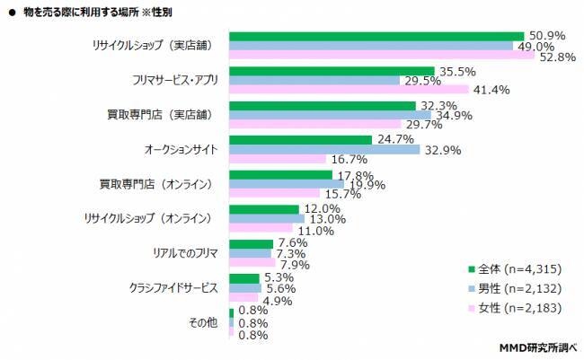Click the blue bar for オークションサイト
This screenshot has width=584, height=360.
pyautogui.click(x=324, y=149)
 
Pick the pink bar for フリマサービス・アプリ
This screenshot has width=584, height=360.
pyautogui.click(x=349, y=90)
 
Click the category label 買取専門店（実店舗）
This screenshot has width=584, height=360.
pyautogui.click(x=162, y=114)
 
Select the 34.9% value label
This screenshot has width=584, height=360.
pyautogui.click(x=455, y=115)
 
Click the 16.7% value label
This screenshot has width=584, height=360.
pyautogui.click(x=351, y=160)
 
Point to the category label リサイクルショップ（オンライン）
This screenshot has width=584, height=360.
pyautogui.click(x=147, y=217)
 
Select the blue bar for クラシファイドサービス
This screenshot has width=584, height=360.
pyautogui.click(x=245, y=288)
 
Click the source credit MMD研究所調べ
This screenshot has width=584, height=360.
pyautogui.click(x=537, y=347)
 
